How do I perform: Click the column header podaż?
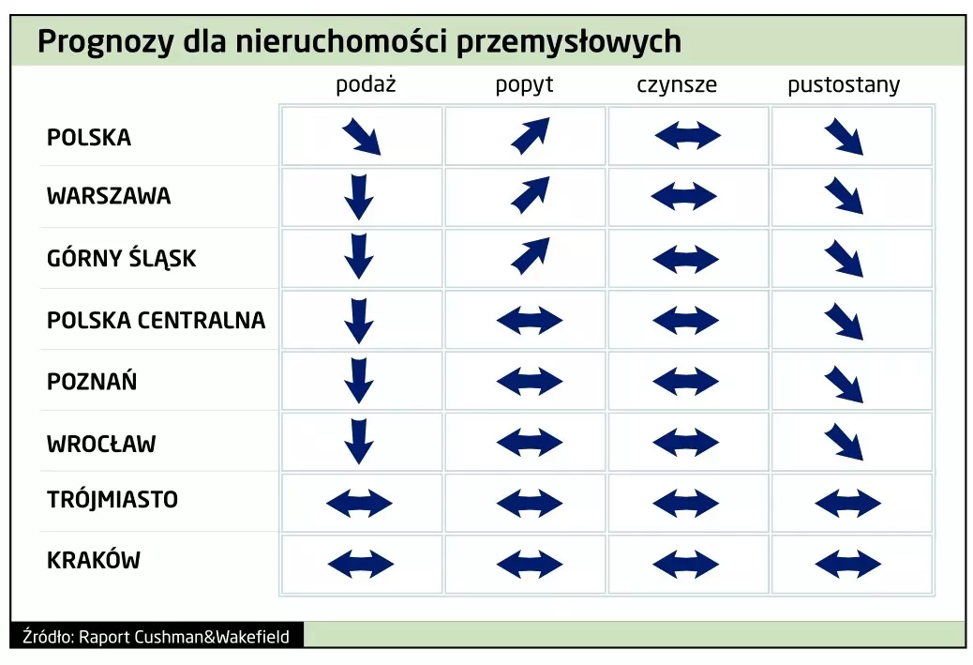coord(366,83)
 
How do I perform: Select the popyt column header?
coord(524,85)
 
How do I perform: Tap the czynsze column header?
coord(677,85)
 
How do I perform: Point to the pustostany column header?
coord(844,85)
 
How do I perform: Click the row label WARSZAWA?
coord(109,196)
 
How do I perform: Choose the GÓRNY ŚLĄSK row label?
coord(122,257)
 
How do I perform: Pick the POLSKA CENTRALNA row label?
coord(157,321)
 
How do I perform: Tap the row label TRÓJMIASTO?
coord(112,499)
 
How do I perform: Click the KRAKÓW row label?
coord(94,560)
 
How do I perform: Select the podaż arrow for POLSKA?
coord(361,137)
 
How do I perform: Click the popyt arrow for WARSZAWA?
coord(531,195)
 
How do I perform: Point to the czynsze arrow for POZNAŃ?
coord(685,381)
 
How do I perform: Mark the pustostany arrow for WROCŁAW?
coord(844,442)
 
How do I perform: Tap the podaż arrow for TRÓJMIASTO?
coord(359,503)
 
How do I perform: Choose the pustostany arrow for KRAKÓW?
coord(847,565)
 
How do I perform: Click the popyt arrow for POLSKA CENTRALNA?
coord(530,321)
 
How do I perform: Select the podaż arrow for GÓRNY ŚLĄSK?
coord(359,256)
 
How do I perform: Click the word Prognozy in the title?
coord(106,42)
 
